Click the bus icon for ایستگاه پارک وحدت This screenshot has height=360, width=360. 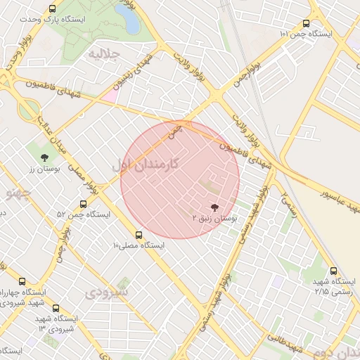pos(53,9)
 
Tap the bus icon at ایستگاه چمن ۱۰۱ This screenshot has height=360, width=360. pos(305,23)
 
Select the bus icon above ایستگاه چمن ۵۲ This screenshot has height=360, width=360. pos(84,204)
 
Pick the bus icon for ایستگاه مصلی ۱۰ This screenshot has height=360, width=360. pos(139,235)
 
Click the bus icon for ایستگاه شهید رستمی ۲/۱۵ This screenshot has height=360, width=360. pos(333,271)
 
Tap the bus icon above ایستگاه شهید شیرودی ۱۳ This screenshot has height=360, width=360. pos(56,307)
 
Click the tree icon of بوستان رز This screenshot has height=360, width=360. pos(45,157)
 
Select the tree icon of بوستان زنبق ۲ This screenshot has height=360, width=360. pos(214,207)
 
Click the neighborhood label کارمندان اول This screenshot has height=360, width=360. pos(146,164)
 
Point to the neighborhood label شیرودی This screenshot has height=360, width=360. pos(106,292)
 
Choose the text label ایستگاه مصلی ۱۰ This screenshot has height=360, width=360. pos(139,246)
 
